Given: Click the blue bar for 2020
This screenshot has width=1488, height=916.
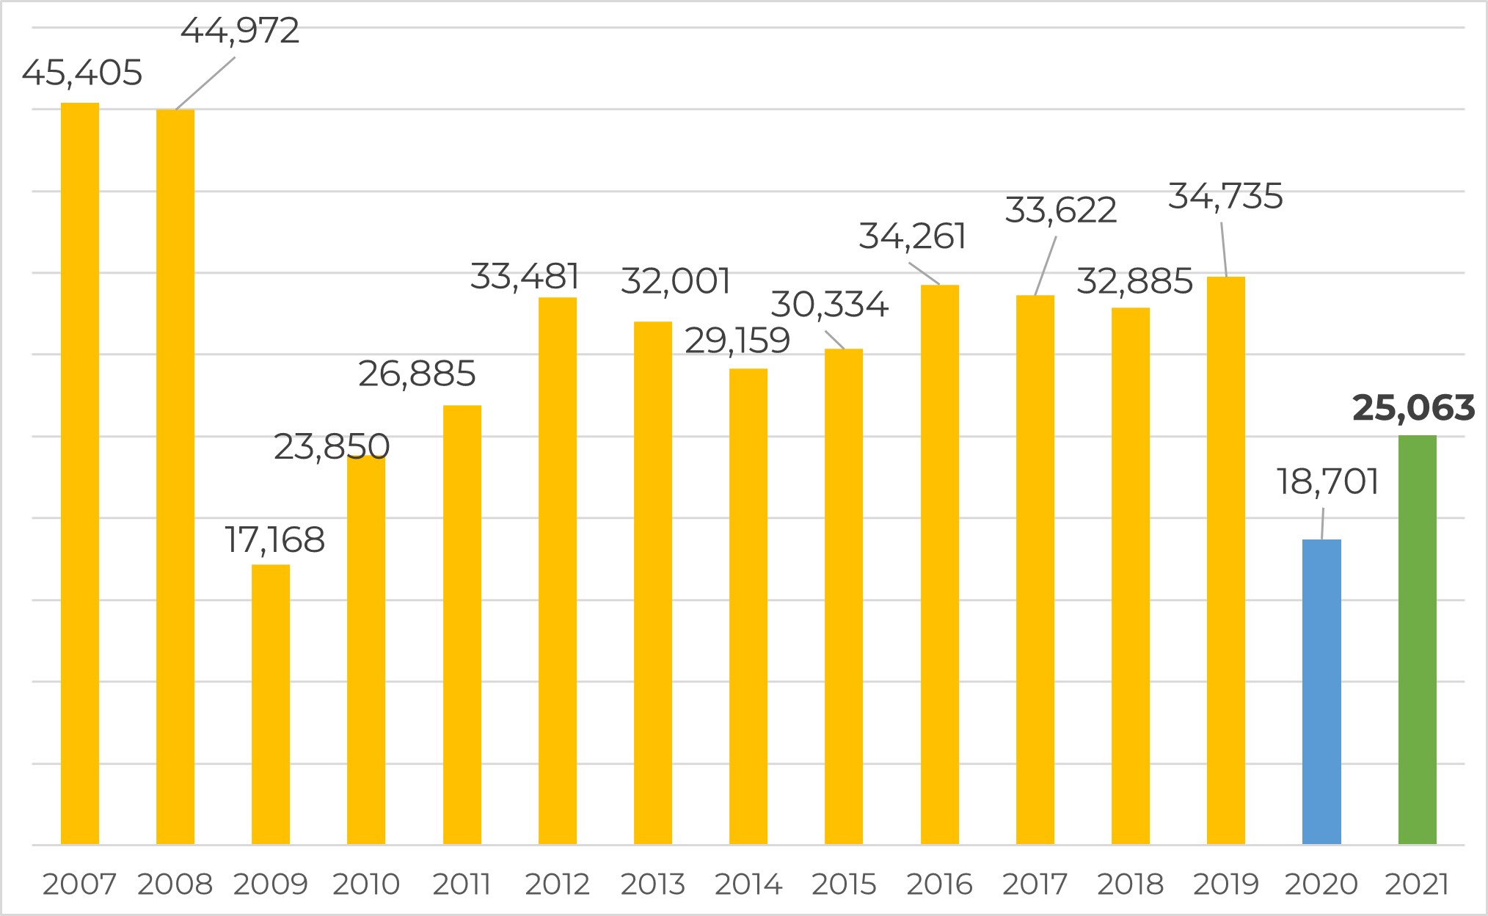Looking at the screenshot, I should [x=1321, y=691].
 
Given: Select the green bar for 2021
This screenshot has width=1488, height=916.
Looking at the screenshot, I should [x=1417, y=639].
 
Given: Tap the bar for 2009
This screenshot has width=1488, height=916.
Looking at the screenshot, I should [x=271, y=704].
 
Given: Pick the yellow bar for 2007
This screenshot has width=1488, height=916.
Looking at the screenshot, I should [x=80, y=473].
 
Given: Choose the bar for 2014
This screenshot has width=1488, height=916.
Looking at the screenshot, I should [x=748, y=606].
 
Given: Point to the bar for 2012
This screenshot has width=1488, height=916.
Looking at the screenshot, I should [x=558, y=571].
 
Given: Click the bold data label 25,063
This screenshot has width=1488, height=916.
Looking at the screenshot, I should [x=1413, y=408].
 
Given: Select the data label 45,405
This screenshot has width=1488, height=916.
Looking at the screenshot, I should [x=82, y=73].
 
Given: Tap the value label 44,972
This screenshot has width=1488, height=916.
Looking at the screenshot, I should [x=240, y=31].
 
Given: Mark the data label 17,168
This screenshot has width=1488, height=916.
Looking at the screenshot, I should [x=274, y=540].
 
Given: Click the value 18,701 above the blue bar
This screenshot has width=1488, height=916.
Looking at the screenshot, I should [x=1328, y=481].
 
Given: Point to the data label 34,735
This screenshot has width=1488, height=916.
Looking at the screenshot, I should [x=1225, y=197].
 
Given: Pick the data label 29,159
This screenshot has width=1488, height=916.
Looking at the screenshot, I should [x=737, y=341].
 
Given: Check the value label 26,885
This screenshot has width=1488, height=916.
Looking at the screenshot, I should [x=417, y=374].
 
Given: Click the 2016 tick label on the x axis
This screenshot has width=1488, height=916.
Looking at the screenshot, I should [x=939, y=884].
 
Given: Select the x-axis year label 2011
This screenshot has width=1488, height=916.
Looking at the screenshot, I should [x=462, y=884].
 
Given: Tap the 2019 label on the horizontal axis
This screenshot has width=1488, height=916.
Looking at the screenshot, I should [x=1226, y=884].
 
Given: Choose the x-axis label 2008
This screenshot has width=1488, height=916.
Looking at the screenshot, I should [x=175, y=884].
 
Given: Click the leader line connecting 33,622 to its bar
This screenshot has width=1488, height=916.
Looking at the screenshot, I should [x=1046, y=266].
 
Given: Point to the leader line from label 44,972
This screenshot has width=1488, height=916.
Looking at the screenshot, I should [x=205, y=83].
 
